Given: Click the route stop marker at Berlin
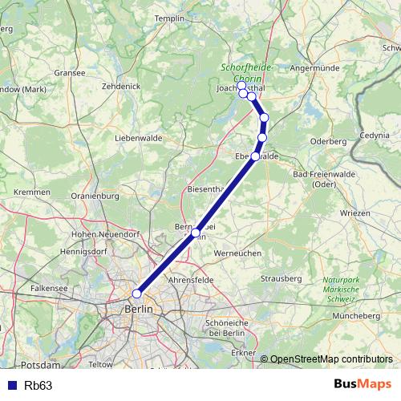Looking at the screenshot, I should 137,294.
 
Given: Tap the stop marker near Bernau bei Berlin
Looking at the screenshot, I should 196,233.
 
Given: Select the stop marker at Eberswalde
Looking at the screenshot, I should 256,156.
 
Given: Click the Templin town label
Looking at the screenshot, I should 169,18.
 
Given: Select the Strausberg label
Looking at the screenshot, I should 281,278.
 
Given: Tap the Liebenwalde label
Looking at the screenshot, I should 139,138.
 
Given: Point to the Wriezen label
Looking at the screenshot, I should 355,213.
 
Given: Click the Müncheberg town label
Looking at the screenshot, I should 358,316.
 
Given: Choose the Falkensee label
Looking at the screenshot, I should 48,286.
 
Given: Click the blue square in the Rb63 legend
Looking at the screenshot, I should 11,385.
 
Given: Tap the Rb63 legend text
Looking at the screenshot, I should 38,385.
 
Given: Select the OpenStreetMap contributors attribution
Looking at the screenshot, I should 331,359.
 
